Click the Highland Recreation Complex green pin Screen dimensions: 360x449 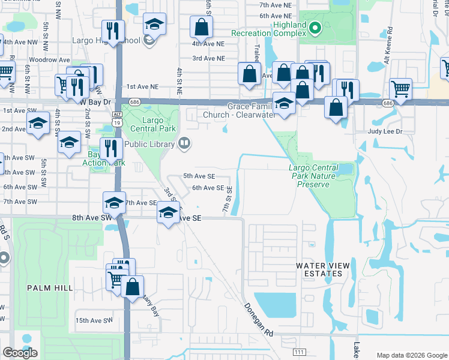coord(314,28)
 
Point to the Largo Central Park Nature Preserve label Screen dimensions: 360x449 coord(321,176)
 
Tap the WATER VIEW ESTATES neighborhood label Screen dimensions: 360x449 coord(318,269)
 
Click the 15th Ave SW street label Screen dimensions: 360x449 coord(94,320)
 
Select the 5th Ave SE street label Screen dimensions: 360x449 coord(199,176)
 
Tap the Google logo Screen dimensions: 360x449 coord(20,353)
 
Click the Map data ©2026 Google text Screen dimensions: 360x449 coord(411,355)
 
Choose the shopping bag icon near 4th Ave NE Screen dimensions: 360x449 coord(201,27)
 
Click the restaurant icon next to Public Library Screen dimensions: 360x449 coord(111,148)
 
